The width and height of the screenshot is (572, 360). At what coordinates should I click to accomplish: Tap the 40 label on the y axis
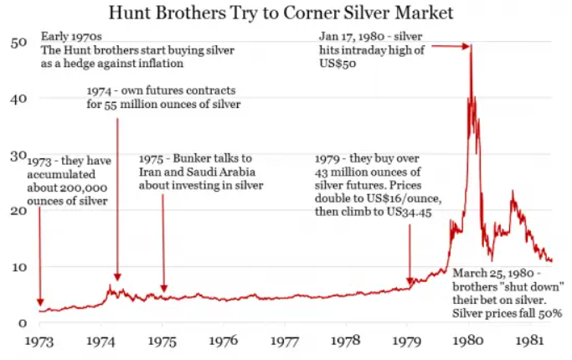19,98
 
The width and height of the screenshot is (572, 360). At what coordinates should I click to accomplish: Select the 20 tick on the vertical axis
19,211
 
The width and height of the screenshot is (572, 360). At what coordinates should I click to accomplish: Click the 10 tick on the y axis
19,267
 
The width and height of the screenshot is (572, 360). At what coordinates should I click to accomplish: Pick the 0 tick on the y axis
23,322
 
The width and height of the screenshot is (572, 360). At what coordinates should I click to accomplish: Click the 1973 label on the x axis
41,341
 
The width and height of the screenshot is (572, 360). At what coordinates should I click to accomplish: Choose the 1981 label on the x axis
530,341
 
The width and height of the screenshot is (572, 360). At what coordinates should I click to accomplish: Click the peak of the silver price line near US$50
471,44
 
